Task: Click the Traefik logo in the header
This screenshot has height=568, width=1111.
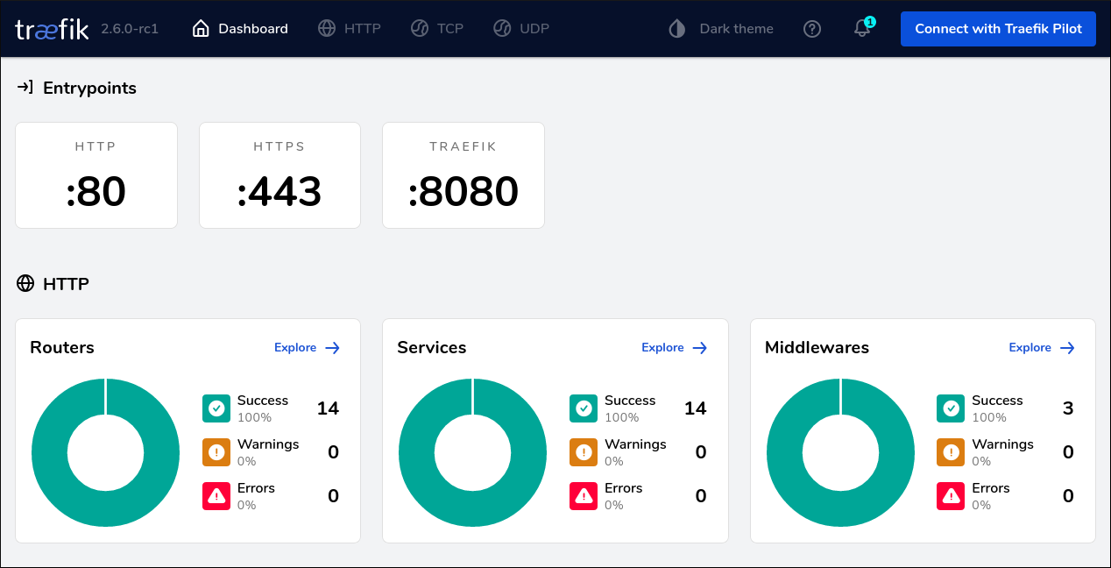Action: click(x=52, y=29)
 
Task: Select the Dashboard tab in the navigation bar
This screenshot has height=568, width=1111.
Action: click(x=240, y=29)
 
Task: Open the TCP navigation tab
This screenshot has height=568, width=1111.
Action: click(x=437, y=29)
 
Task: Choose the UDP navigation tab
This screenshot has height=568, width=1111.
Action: click(x=521, y=29)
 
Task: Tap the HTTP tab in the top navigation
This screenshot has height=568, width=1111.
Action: click(x=350, y=29)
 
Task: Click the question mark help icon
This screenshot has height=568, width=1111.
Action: click(x=812, y=29)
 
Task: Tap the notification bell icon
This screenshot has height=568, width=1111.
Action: click(x=862, y=29)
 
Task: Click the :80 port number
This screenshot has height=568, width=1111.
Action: click(x=96, y=192)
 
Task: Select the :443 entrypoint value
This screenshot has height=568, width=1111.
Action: click(x=280, y=192)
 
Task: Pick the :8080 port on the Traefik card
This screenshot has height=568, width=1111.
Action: click(x=464, y=192)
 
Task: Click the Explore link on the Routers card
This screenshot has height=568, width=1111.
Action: click(x=307, y=348)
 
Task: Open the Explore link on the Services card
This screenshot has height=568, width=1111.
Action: click(x=674, y=348)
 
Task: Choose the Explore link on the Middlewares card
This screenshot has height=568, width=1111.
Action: click(x=1041, y=348)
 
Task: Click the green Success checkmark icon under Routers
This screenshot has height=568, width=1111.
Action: click(x=216, y=408)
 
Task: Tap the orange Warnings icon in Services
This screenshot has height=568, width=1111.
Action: click(x=584, y=452)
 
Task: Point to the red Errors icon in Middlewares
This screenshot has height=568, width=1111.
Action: click(x=951, y=496)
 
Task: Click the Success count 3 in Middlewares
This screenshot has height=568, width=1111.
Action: click(x=1068, y=408)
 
